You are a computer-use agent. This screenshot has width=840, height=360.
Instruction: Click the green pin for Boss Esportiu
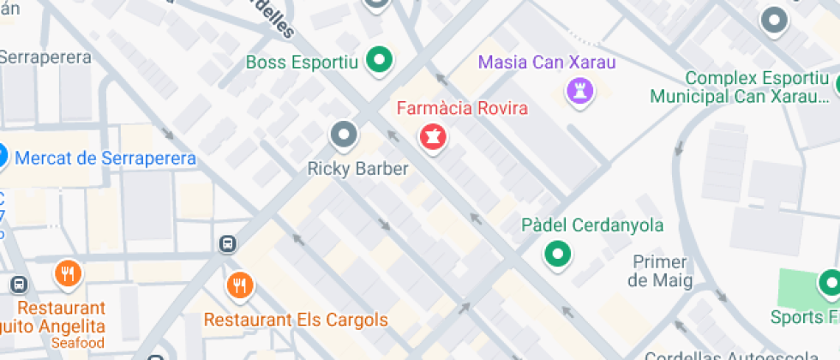tap(379, 60)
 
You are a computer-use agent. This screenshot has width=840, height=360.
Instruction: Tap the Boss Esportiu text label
tap(302, 62)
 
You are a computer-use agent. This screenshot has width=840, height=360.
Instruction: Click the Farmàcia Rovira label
tap(461, 109)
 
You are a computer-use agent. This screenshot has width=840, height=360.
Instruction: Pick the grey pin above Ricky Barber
tap(345, 135)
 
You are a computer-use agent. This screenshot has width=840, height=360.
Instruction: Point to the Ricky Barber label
tap(357, 169)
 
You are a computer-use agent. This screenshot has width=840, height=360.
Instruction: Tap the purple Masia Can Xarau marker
tap(580, 89)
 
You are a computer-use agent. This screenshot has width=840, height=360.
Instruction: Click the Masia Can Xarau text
tap(547, 62)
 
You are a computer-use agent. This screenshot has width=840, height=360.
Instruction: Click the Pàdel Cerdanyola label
tap(592, 225)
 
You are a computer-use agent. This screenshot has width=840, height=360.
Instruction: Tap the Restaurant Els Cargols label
tap(296, 321)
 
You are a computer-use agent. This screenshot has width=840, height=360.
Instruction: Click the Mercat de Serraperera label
tap(105, 158)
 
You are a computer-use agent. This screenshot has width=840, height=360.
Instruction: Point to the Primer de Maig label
tap(658, 271)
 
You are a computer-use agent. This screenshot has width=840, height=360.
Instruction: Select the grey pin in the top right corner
tap(775, 20)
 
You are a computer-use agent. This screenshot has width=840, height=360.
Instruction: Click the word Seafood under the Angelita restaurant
tap(78, 343)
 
